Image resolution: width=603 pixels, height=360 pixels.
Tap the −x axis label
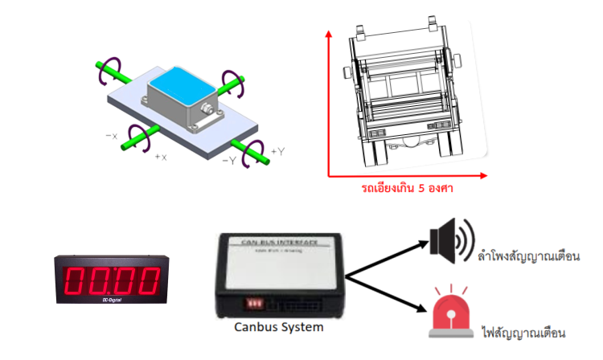[112, 136]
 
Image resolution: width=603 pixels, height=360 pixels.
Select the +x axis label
[161, 157]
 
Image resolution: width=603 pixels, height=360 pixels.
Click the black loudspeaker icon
[448, 239]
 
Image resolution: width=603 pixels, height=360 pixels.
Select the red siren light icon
[451, 313]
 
